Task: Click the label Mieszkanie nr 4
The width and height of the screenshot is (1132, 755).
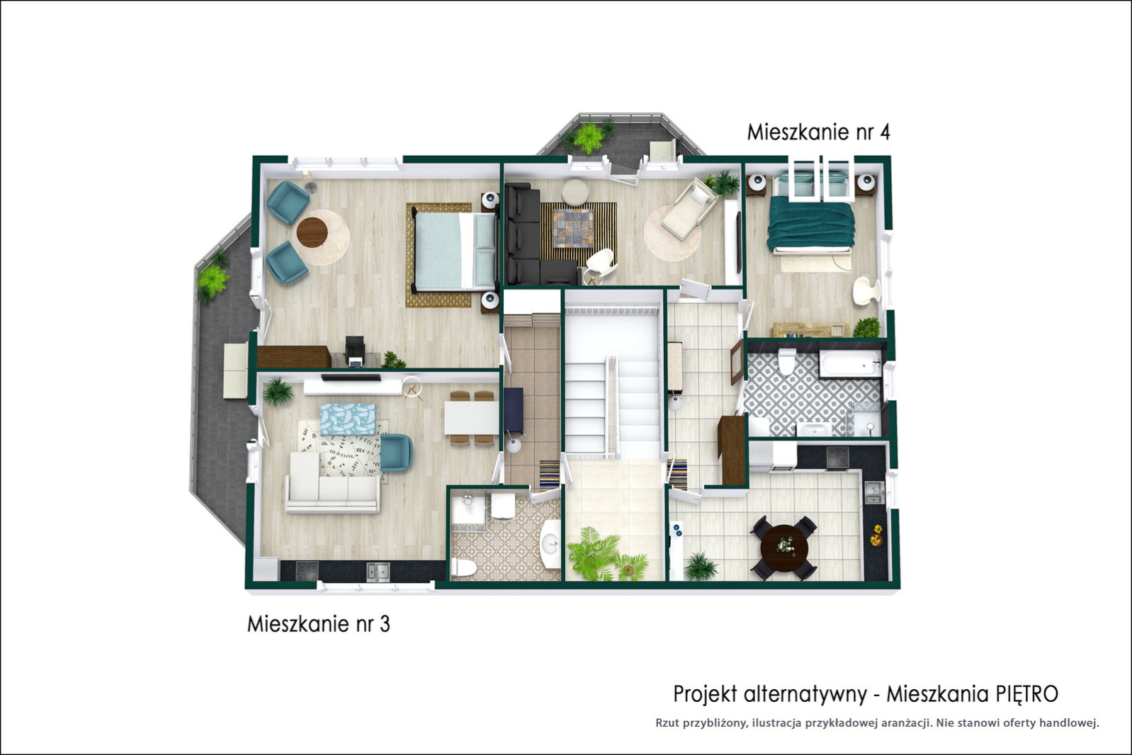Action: [818, 132]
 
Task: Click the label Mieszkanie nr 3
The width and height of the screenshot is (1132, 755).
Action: [318, 624]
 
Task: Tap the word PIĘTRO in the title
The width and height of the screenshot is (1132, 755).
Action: [1026, 694]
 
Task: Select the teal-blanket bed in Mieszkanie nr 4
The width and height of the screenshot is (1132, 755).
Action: [811, 223]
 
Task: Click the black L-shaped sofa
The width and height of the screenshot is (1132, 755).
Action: [537, 237]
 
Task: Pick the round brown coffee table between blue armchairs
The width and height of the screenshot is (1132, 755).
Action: [312, 232]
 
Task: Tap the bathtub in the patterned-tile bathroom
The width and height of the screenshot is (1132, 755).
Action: [851, 363]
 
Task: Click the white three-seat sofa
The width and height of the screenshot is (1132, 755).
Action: [332, 482]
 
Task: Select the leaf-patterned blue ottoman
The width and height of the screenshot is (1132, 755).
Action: [349, 419]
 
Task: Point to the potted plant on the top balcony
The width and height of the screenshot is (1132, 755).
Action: [589, 137]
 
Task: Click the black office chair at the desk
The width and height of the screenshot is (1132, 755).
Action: [355, 350]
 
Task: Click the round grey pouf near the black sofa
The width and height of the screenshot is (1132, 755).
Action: [575, 192]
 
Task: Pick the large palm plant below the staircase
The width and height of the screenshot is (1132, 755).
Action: [594, 554]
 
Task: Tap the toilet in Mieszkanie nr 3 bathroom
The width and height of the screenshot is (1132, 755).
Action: [463, 567]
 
